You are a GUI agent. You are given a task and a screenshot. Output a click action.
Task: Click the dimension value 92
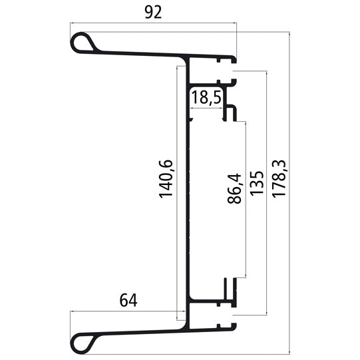tap(153, 13)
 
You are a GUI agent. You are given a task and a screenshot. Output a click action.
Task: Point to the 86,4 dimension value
tap(234, 189)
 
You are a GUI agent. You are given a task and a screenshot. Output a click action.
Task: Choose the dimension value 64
tap(128, 300)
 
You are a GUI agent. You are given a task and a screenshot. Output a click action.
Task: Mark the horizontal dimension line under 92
tap(153, 24)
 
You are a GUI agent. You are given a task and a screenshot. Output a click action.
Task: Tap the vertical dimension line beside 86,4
tap(246, 200)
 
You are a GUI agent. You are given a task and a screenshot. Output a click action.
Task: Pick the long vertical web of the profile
tap(189, 200)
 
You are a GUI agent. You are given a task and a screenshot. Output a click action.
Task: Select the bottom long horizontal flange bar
tap(146, 329)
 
